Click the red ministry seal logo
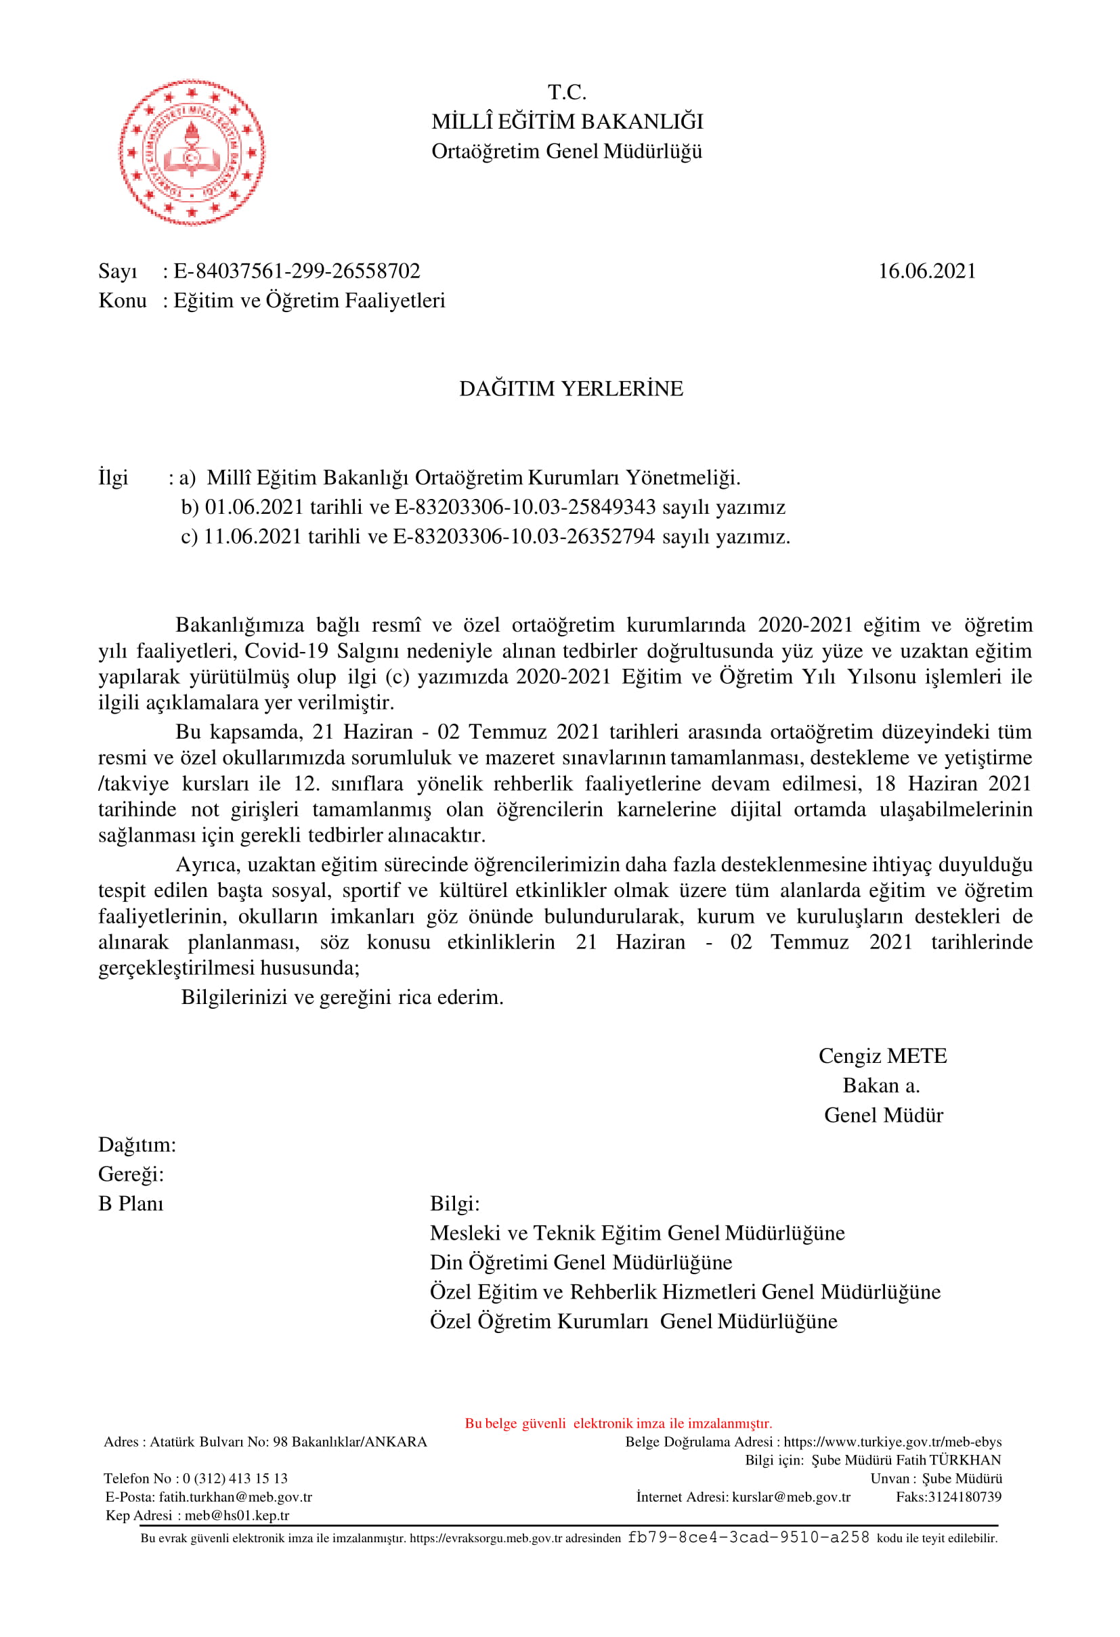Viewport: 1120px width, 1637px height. pos(192,152)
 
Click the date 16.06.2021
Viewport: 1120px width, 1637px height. pos(926,271)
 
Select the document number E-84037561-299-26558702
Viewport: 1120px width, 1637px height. pos(297,271)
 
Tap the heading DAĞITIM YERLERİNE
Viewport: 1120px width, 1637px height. pos(571,389)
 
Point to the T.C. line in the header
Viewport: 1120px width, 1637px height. pos(567,92)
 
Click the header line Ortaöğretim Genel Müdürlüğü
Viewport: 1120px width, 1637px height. pos(567,152)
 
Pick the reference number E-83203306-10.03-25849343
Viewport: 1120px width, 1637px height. pos(525,507)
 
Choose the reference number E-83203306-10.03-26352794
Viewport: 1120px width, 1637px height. pos(523,537)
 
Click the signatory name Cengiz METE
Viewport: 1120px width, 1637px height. pos(882,1056)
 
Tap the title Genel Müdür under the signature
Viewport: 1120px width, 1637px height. pos(883,1115)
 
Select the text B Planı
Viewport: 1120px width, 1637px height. pos(131,1204)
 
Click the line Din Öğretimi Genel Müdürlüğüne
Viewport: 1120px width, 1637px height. pos(581,1262)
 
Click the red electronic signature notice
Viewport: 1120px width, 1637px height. pos(618,1423)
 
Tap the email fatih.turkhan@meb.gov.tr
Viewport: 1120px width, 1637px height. pos(235,1497)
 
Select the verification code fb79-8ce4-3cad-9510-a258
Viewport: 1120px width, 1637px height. pos(748,1537)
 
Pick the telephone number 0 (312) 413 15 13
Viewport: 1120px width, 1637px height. pos(235,1479)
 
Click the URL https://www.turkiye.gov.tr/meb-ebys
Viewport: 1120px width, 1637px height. pos(892,1442)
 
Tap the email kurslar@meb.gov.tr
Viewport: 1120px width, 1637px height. pos(791,1497)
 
